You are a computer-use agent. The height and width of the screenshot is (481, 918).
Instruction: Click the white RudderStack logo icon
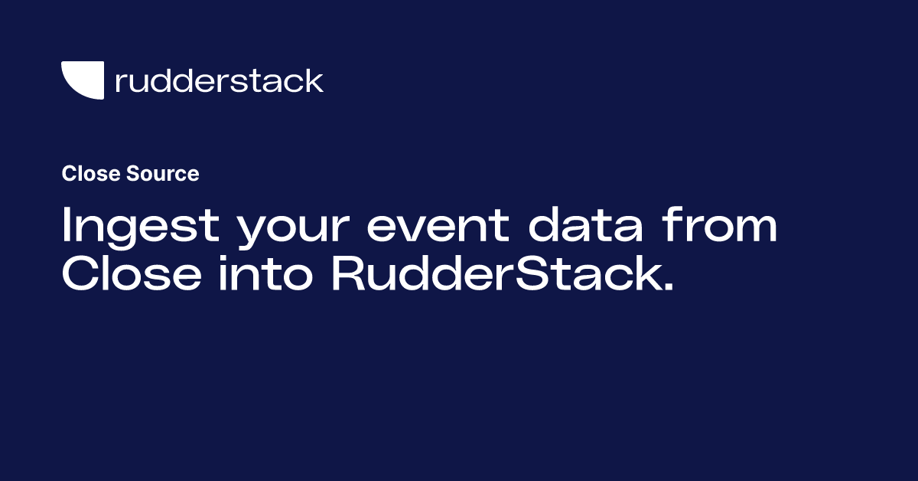coord(82,80)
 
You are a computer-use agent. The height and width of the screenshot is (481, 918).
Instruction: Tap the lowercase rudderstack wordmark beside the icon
coord(219,80)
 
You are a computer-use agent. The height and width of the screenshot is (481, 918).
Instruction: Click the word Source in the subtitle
coord(163,174)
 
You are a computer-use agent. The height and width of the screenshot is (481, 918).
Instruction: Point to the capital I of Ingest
coord(67,227)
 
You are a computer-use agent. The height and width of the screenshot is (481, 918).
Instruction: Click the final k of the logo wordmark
coord(314,80)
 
